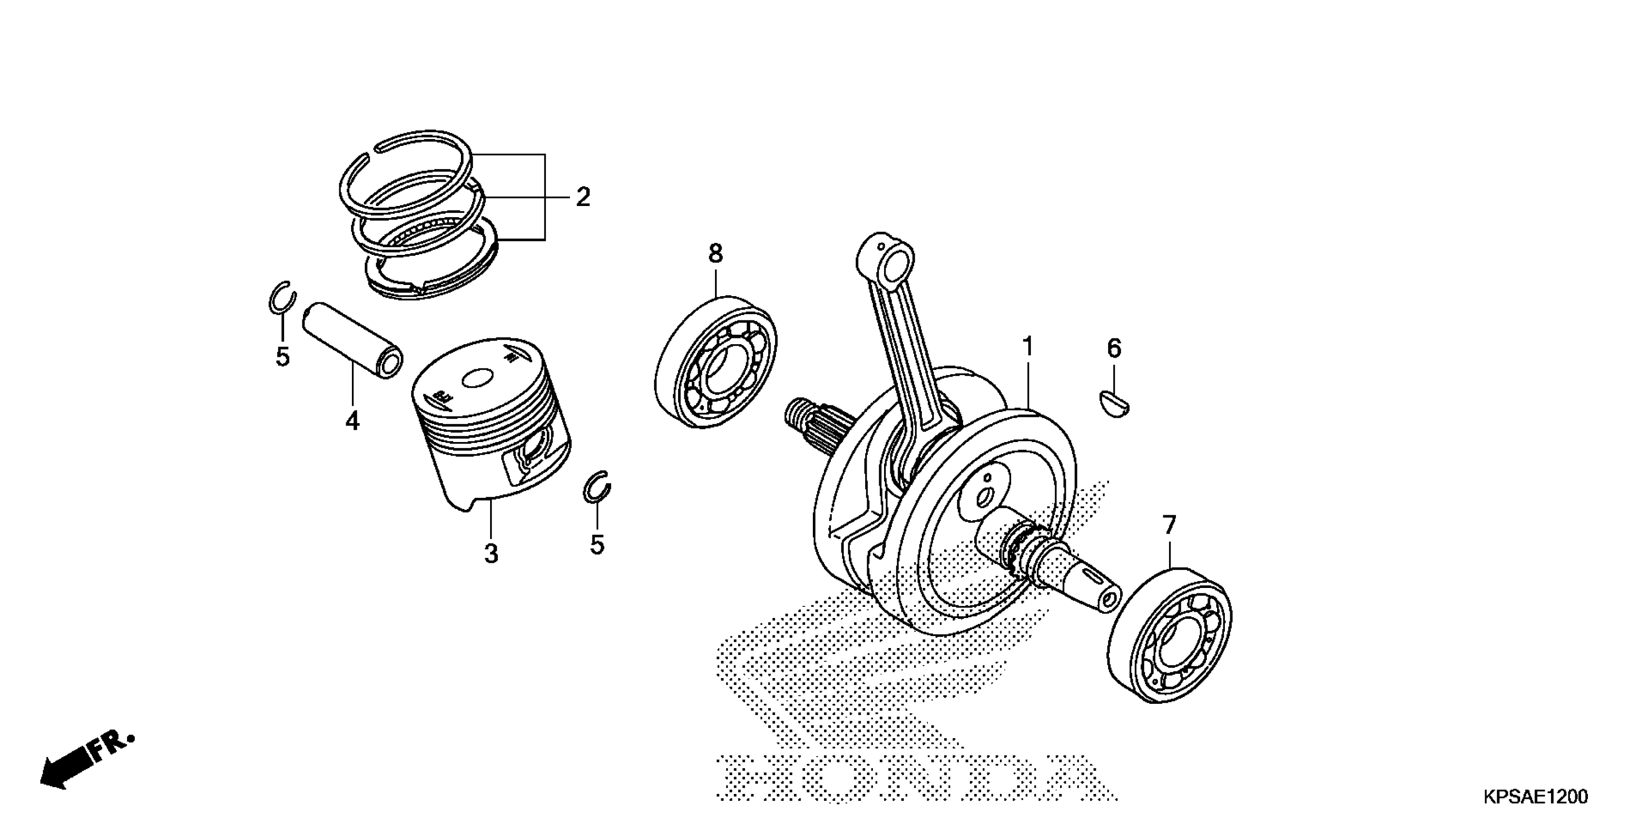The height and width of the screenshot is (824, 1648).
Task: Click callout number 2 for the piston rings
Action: [582, 197]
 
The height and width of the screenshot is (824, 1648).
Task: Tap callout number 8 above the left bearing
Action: [715, 254]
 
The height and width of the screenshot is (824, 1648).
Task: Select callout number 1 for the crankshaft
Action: [1028, 348]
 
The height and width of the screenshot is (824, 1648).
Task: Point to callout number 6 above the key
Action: [1114, 349]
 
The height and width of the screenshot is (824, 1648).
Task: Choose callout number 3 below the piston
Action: [491, 554]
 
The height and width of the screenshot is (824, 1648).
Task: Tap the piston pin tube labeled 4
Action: [353, 340]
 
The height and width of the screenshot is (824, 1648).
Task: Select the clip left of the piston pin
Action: [282, 298]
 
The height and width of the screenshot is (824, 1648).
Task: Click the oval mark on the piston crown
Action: [477, 379]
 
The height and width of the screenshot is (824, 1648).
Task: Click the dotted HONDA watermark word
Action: [915, 777]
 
